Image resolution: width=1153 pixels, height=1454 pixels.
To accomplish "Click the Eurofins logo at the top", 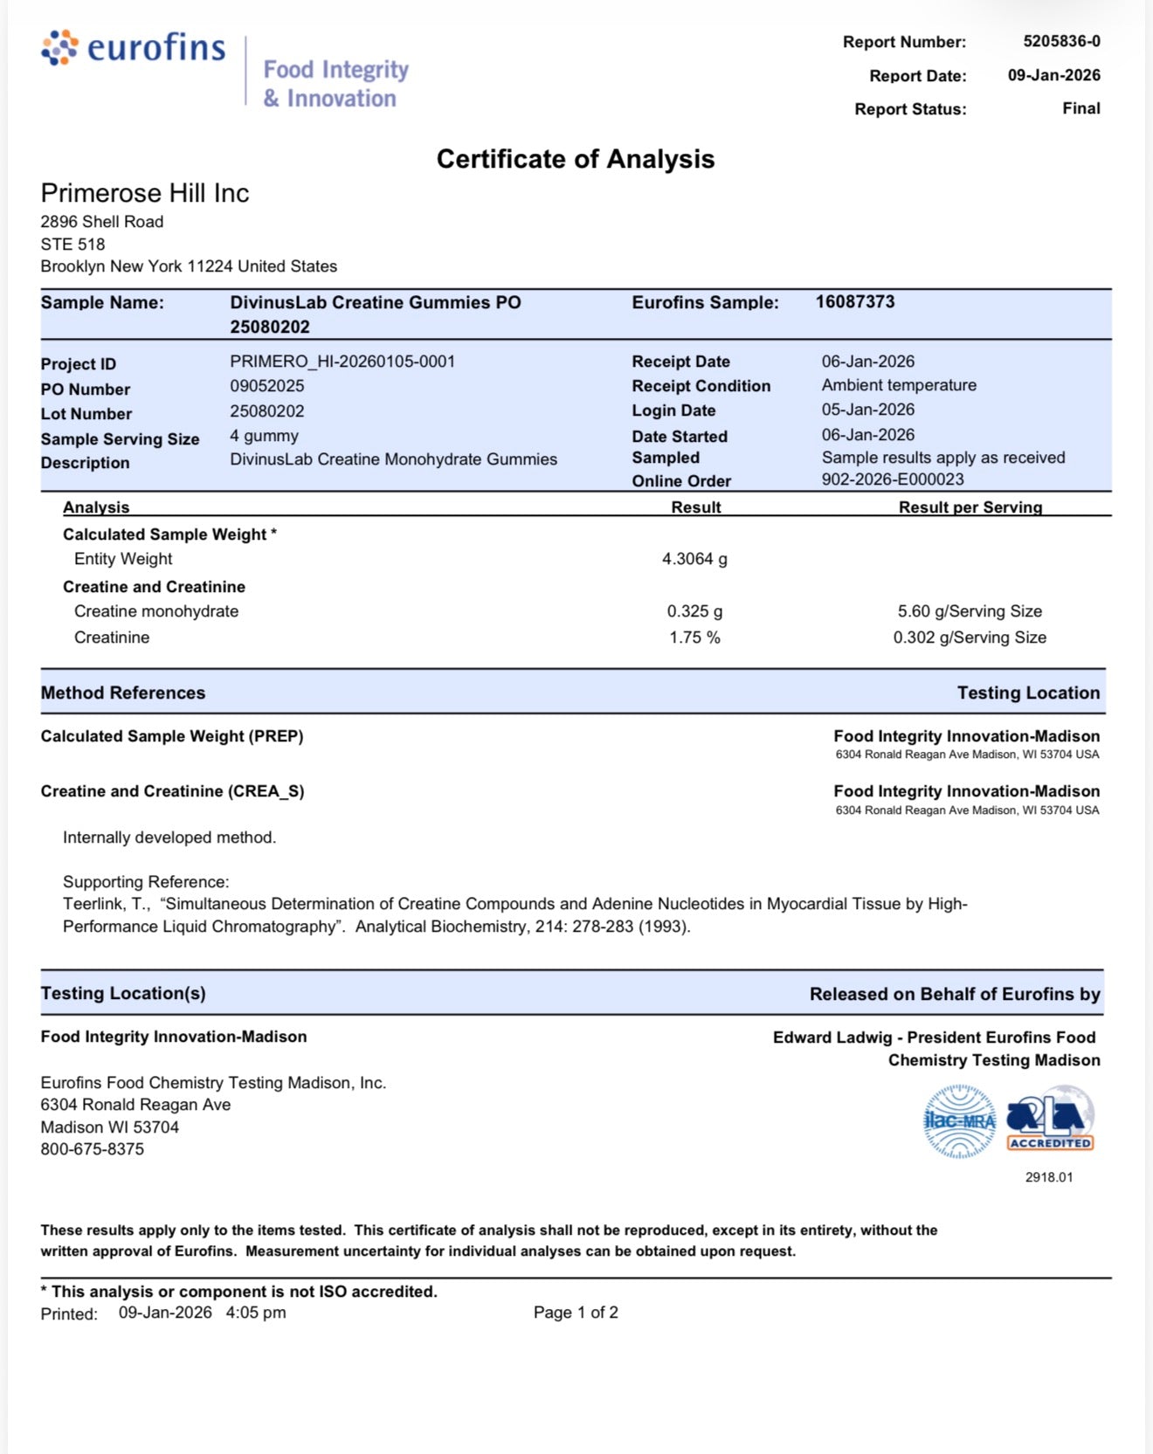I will point(134,48).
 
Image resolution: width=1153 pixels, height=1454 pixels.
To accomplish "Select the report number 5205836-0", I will point(1061,41).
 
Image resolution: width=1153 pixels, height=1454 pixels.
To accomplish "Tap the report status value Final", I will point(1081,108).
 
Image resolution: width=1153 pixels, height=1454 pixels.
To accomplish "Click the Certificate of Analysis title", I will point(576,159).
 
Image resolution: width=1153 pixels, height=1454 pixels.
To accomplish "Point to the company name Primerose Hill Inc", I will point(145,193).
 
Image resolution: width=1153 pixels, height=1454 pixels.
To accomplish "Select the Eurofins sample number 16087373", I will point(855,302).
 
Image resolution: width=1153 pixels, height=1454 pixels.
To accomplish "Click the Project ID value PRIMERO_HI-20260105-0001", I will point(342,362).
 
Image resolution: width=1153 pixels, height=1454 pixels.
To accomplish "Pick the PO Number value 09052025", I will point(267,386).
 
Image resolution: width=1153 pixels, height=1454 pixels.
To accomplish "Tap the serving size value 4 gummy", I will point(264,436).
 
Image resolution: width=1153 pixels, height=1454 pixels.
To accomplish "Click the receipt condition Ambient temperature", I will point(899,385).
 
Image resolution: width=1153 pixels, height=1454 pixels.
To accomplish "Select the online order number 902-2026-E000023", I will point(893,479).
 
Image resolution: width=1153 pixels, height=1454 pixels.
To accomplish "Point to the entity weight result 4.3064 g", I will point(694,559).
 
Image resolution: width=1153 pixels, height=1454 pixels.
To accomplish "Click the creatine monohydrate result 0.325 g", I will point(694,611).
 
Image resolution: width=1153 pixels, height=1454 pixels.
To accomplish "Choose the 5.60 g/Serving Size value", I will point(970,611).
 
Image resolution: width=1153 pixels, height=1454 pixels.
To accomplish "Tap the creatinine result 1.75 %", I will point(694,637).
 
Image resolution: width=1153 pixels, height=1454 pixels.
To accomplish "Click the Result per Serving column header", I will point(970,507).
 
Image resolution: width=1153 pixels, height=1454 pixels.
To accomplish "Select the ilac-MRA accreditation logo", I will point(959,1121).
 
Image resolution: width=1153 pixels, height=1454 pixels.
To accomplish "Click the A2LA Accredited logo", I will point(1050,1120).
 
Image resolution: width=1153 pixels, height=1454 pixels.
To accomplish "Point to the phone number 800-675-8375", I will point(93,1149).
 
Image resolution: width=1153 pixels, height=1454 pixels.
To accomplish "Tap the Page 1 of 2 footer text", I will point(576,1313).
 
